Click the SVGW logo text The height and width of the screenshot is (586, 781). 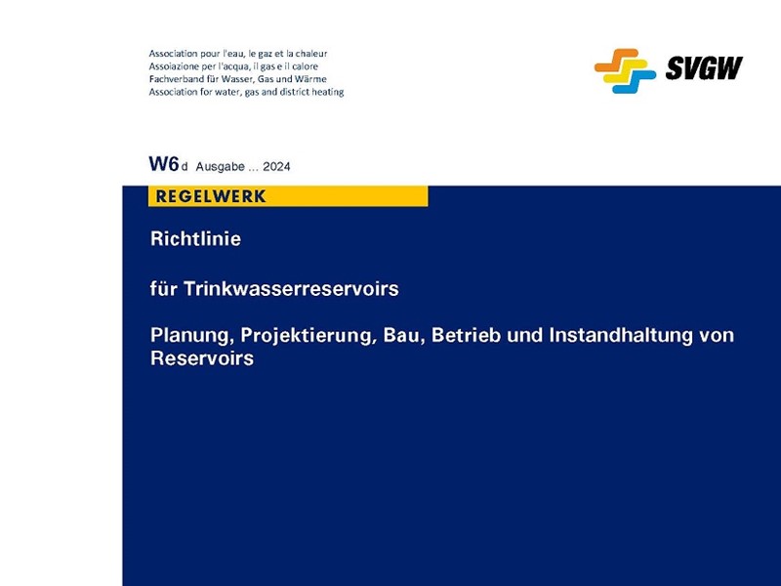click(x=704, y=68)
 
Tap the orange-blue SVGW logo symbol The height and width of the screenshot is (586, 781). click(x=625, y=70)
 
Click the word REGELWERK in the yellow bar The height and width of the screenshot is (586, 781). click(x=211, y=196)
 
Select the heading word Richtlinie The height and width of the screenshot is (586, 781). click(x=195, y=238)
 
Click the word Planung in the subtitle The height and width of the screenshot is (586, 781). click(x=190, y=336)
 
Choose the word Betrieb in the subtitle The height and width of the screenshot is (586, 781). click(x=470, y=336)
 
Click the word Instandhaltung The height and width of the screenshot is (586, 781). click(x=625, y=336)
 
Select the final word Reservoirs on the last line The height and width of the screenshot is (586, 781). click(x=202, y=358)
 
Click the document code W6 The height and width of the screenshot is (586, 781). click(x=163, y=164)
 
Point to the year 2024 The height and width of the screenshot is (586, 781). click(x=276, y=167)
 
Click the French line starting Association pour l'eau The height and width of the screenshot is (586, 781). click(x=237, y=53)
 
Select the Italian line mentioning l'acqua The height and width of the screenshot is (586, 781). click(x=234, y=65)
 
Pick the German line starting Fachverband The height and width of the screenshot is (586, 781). click(x=237, y=78)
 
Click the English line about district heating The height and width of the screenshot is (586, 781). click(x=246, y=92)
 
